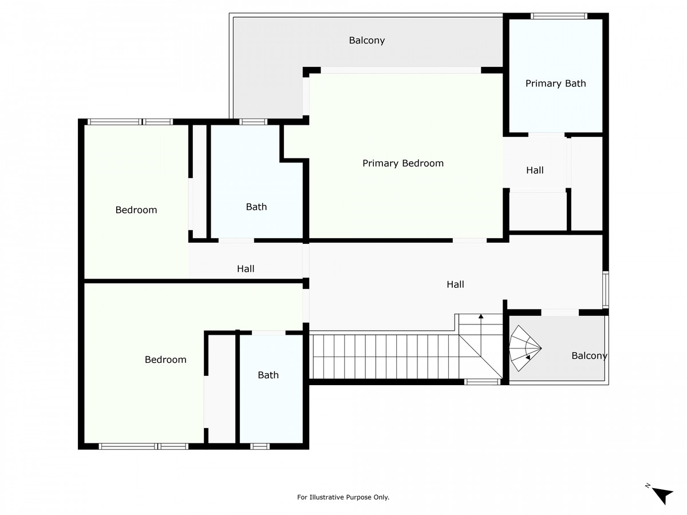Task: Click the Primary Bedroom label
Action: [403, 163]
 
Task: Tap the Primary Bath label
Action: [555, 84]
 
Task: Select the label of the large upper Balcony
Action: [367, 40]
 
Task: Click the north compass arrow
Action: [663, 496]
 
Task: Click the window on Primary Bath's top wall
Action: [559, 16]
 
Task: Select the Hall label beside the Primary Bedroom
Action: [535, 171]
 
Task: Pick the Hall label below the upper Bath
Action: [246, 268]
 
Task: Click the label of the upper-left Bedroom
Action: [136, 210]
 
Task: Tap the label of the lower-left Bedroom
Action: [165, 359]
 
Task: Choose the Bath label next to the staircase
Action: [269, 375]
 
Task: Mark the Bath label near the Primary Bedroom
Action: [256, 207]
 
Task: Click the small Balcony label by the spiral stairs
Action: [589, 356]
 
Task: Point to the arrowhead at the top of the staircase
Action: [481, 316]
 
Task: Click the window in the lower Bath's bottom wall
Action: [260, 446]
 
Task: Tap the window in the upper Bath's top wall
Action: [254, 122]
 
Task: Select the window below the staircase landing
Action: [482, 382]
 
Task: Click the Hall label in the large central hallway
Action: [455, 284]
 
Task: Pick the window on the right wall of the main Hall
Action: [606, 290]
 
